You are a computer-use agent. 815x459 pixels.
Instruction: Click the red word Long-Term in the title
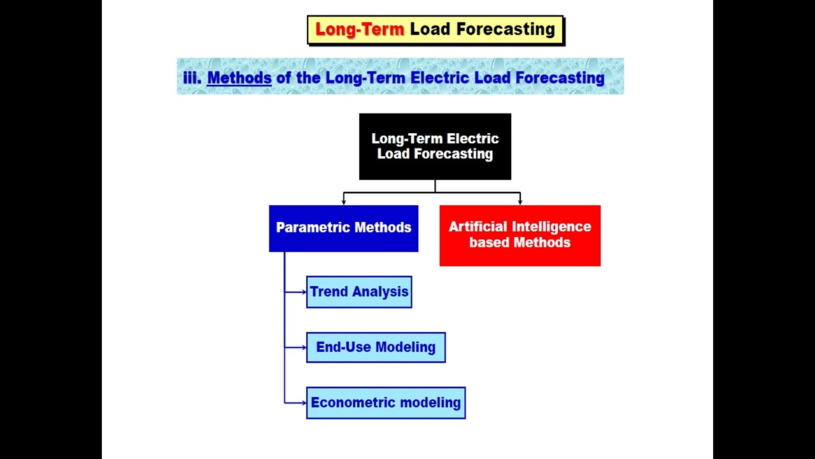360,29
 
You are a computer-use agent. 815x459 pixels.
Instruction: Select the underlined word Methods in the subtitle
239,78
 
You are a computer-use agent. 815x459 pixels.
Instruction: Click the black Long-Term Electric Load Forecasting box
435,147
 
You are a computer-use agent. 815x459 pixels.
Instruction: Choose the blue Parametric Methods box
343,228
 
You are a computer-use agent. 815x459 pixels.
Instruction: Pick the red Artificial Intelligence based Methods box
520,235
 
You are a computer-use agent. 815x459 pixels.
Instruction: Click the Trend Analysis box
359,292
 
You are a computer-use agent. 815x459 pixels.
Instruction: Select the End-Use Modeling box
376,347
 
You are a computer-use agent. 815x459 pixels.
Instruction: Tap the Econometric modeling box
386,403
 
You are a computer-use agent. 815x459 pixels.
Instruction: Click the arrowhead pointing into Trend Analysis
304,292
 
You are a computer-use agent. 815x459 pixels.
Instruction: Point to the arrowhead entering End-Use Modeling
304,347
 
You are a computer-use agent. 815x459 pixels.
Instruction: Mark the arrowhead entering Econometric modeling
304,403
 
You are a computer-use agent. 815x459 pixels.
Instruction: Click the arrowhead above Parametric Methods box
344,201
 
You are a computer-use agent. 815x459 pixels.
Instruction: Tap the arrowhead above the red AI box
520,201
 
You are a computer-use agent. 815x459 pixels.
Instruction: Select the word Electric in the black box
473,139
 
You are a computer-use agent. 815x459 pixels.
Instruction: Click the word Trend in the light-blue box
329,292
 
